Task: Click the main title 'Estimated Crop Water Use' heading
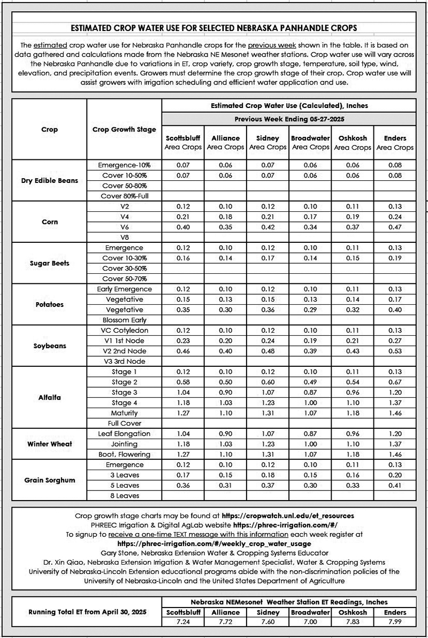click(213, 27)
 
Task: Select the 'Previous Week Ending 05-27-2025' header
click(288, 119)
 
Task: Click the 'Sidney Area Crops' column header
click(267, 142)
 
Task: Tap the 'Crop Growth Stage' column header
click(124, 129)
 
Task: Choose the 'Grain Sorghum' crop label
click(49, 480)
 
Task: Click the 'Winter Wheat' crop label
click(49, 444)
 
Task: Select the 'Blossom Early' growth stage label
click(124, 320)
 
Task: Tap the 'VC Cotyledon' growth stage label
click(124, 330)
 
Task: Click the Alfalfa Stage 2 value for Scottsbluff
click(182, 382)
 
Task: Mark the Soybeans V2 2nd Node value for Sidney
click(267, 351)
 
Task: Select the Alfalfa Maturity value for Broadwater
click(310, 413)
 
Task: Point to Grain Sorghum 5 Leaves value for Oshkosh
click(353, 486)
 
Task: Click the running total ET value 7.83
click(353, 622)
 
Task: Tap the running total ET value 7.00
click(310, 622)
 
